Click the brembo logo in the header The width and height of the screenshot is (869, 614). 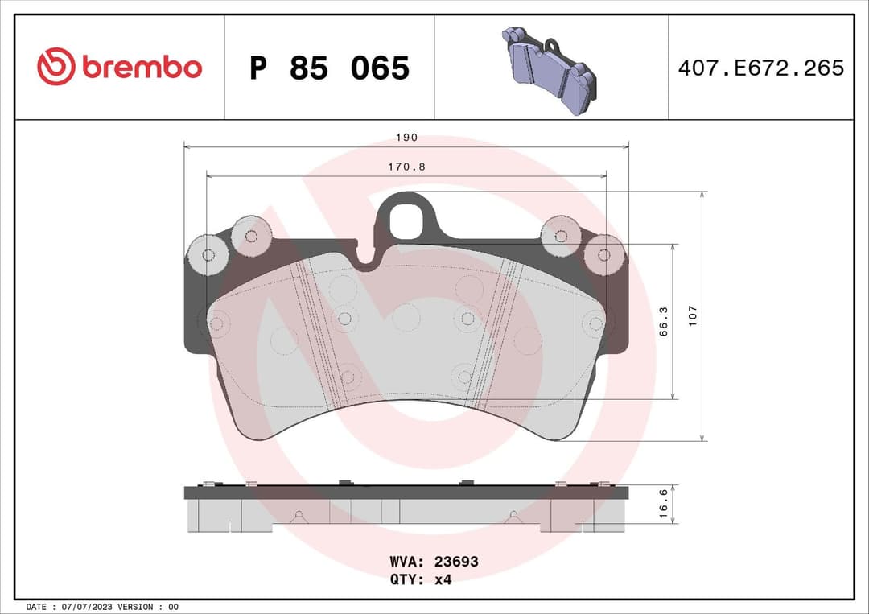pos(119,68)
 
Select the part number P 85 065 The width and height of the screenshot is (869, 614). pos(329,68)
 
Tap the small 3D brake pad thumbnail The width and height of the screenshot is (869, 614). pos(550,70)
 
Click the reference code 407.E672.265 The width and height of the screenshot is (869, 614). pos(760,68)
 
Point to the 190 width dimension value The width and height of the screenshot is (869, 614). pos(406,138)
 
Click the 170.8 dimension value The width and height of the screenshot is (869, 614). pos(406,167)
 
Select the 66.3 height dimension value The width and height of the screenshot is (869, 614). pos(664,321)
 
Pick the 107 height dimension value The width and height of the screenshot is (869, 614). pos(693,315)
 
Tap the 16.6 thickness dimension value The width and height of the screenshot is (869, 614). pos(664,504)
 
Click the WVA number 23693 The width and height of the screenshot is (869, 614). pos(455,562)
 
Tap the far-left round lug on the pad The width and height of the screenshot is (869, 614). pos(208,255)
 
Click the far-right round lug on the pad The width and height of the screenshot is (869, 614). pos(604,255)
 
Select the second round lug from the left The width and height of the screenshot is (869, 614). pos(251,236)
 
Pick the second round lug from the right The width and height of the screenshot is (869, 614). pos(561,236)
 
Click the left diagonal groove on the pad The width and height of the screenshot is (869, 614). pos(319,332)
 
